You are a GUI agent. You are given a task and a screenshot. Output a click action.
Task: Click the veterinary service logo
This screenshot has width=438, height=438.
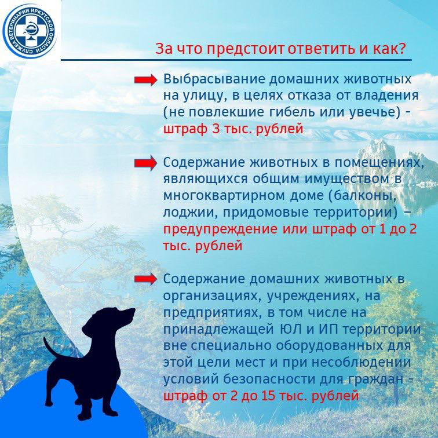coord(29,30)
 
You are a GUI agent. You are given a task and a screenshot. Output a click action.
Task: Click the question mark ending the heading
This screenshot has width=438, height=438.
coord(402,48)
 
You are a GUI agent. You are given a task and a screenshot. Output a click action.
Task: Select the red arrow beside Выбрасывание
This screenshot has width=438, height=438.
coord(145,80)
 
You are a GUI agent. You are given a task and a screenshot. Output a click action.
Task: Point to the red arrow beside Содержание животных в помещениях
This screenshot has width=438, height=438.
coord(145,163)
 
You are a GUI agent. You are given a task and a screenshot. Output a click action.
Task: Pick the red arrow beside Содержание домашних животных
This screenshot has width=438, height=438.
coord(145,279)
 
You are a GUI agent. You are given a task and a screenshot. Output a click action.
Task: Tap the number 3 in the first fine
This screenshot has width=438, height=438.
coord(216,129)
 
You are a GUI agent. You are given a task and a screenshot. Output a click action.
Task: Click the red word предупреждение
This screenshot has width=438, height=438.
coord(220,229)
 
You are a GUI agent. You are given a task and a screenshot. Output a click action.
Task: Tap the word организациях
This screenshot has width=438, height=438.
coord(212,296)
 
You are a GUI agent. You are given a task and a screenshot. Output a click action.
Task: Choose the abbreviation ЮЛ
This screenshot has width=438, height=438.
coord(291,329)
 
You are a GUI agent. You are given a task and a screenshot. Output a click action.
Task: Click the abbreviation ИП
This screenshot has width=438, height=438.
coord(326,329)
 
